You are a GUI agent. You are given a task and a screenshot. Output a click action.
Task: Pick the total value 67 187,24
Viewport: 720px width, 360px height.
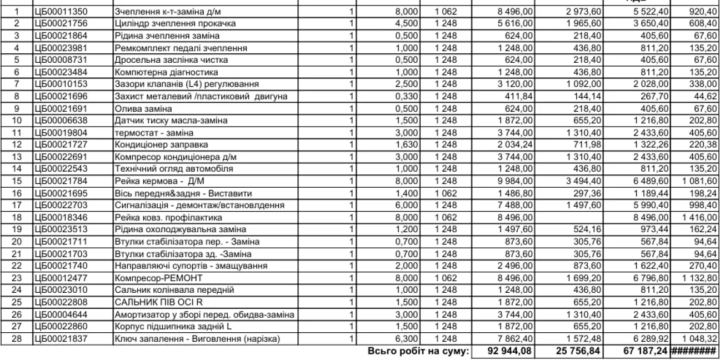[x=646, y=351]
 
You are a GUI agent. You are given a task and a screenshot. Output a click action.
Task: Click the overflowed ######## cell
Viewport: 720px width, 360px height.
[x=694, y=351]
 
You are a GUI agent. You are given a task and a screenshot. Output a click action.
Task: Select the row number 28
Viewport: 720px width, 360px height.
[x=17, y=339]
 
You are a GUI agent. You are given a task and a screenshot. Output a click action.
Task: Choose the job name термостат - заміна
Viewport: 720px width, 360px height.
[x=154, y=133]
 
